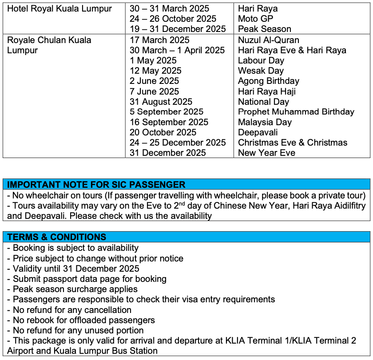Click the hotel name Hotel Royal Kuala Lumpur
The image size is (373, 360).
coord(60,8)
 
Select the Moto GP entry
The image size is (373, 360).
coord(255,19)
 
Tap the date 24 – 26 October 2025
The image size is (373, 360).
coord(173,19)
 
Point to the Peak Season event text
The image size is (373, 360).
coord(265,29)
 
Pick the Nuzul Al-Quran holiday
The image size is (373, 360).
coord(269,40)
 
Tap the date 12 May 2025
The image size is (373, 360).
coord(155,71)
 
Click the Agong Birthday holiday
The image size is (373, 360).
coord(268,81)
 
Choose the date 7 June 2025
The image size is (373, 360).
coord(154,91)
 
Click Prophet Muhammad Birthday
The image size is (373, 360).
coord(296,112)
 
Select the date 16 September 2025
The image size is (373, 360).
coord(169,122)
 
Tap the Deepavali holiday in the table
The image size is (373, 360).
coord(258,132)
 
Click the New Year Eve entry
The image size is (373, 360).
coord(266,153)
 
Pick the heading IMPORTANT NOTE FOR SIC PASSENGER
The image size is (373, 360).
coord(96,185)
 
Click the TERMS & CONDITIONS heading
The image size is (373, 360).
coord(57,237)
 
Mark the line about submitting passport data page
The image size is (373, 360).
coord(87,279)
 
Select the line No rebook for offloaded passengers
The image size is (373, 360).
coord(81,320)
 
